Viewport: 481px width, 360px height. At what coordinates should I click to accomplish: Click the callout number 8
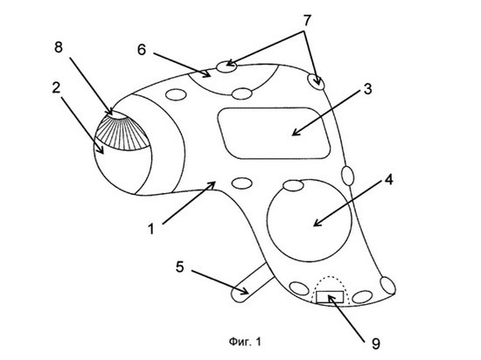59,47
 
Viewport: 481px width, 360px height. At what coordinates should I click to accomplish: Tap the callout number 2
56,88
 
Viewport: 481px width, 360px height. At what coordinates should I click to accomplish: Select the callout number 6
142,50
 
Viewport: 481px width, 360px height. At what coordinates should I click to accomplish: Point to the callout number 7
307,20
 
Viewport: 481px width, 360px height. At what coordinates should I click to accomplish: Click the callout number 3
367,89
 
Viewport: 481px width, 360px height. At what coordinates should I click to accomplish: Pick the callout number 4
388,179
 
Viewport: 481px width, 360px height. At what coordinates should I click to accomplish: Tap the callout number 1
151,229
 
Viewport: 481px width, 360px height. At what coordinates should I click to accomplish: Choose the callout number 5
180,267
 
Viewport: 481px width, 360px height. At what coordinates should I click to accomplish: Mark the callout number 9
376,343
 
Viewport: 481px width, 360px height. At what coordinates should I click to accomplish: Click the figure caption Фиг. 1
245,342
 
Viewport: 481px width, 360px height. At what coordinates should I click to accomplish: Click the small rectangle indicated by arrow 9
330,297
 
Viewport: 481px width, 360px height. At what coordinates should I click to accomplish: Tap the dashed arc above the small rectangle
330,277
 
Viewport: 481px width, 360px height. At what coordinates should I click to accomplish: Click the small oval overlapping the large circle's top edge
293,185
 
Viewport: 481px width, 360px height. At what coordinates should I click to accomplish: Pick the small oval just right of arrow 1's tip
242,183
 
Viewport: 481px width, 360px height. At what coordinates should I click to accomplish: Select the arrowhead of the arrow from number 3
296,132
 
